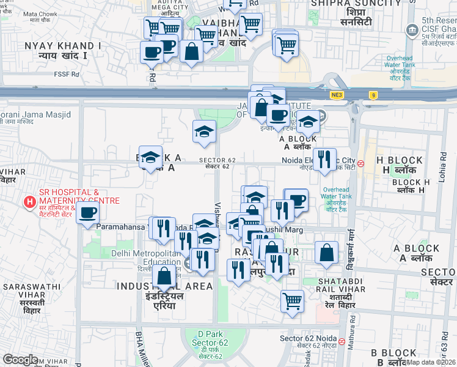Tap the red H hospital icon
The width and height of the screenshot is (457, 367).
(28, 201)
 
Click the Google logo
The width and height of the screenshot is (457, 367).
(20, 359)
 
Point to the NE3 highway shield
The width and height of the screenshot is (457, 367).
(337, 95)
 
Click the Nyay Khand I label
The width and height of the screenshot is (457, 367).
(63, 50)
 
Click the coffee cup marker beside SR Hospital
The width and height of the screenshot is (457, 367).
(87, 213)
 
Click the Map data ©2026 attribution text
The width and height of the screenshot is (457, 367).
(431, 362)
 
